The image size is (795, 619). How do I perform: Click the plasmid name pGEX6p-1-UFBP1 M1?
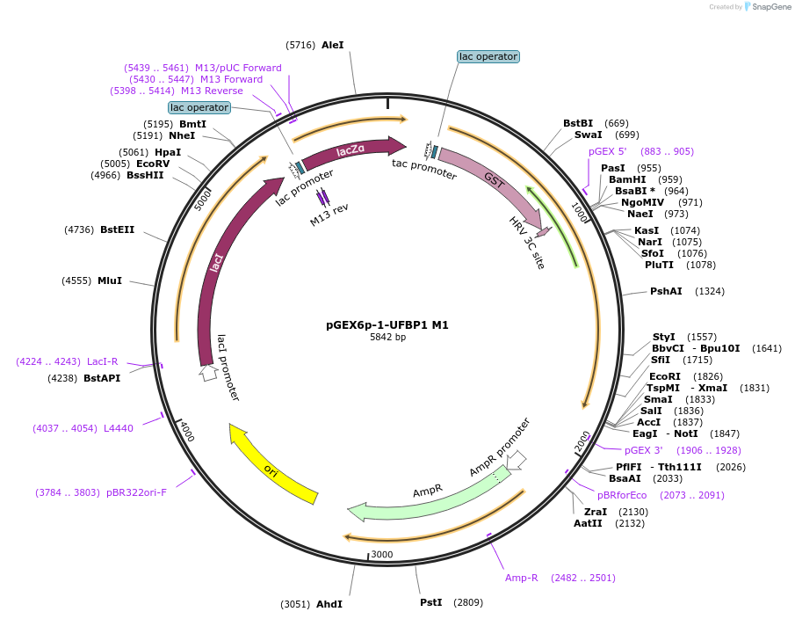[387, 324]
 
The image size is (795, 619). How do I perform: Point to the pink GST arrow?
[491, 179]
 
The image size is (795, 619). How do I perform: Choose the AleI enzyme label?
[333, 45]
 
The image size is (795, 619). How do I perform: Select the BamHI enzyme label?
[627, 179]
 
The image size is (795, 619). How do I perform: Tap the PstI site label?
[431, 602]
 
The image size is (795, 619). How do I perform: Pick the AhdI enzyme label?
[329, 604]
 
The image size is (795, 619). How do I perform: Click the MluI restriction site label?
[110, 280]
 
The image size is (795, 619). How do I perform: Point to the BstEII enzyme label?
[117, 229]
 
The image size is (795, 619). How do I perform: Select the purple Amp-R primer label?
[521, 578]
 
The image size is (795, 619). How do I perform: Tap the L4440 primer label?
[119, 428]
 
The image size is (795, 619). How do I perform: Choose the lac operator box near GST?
[488, 56]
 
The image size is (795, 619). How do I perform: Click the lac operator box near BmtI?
[199, 107]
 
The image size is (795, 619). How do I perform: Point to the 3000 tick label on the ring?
[382, 554]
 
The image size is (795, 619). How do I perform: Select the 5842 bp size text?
[387, 337]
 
